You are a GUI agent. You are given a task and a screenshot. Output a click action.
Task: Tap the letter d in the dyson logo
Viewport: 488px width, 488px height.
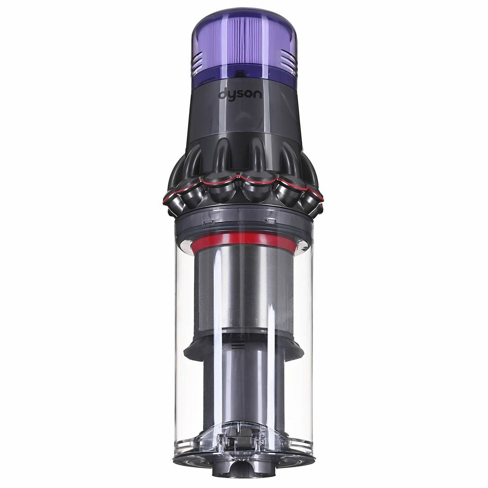pos(223,95)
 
